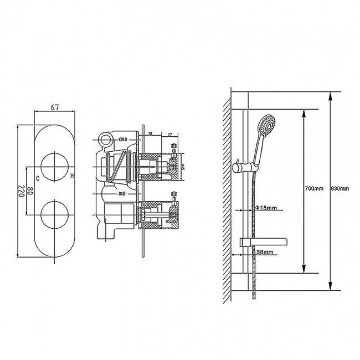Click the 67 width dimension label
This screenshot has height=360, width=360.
pos(55,107)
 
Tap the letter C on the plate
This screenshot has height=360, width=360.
pos(37,178)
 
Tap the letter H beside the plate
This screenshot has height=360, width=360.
pos(72,176)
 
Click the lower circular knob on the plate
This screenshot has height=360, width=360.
pos(54,214)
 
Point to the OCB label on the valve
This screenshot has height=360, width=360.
pos(122,194)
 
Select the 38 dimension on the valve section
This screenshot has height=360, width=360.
pos(151,133)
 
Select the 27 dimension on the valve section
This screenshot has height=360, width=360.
pos(169,133)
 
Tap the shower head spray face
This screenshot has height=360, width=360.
pos(269,125)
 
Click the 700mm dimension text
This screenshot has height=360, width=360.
pos(313,189)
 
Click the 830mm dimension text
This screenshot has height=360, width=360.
pos(340,189)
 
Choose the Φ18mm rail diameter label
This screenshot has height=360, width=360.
pos(265,208)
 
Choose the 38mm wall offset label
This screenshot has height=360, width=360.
pos(264,252)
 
